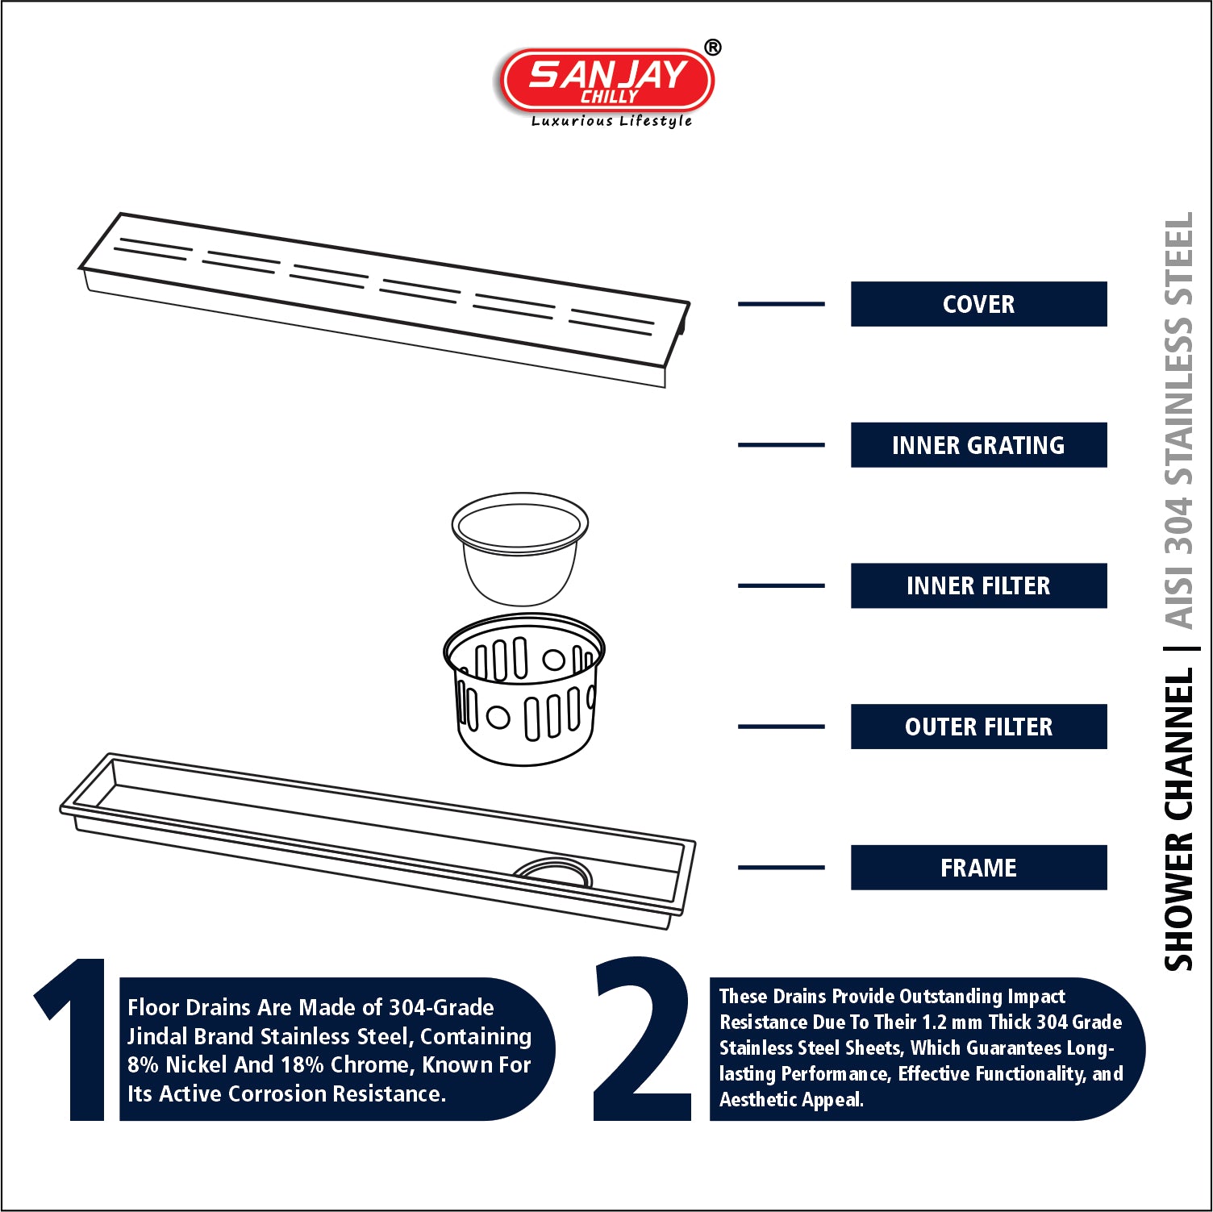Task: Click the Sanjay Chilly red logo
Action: [607, 80]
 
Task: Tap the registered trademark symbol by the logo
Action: [712, 48]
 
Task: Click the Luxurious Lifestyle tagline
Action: [611, 121]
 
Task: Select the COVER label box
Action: [978, 304]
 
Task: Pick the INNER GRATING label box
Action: [978, 445]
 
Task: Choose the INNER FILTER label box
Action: [978, 585]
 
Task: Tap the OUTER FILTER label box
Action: [978, 727]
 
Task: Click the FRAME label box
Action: [978, 868]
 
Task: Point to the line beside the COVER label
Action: [782, 304]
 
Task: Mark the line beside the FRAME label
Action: [782, 868]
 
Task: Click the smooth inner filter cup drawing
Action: [520, 549]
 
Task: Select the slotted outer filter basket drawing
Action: [523, 690]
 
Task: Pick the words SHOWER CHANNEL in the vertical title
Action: [1178, 819]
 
